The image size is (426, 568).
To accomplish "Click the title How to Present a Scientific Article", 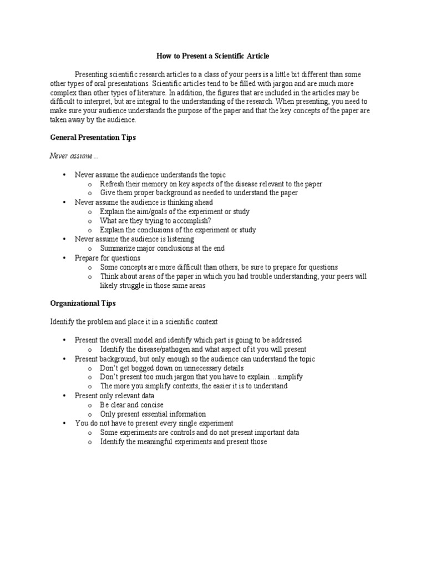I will coord(214,57).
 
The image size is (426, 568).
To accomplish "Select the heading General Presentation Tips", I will coord(93,138).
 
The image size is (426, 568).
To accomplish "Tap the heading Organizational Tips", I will coord(83,303).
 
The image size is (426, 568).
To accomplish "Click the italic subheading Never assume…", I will coord(74,156).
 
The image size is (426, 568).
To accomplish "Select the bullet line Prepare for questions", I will coord(108,258).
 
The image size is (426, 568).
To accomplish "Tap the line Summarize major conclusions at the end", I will coord(162,248).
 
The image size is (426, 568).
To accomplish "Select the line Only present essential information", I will coord(153,414).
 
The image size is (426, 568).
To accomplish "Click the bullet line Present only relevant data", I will coord(115,395).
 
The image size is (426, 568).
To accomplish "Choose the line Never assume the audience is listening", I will coord(135,239).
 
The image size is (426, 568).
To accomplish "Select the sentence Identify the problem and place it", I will coord(134,322).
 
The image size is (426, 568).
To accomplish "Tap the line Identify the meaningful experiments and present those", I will coord(184,442).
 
